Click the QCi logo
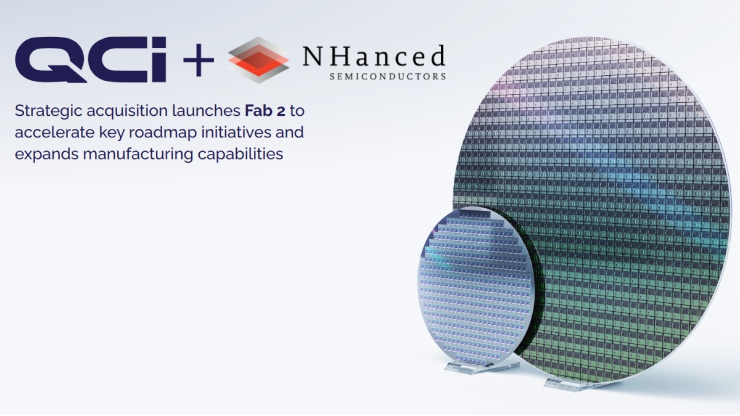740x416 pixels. point(91,59)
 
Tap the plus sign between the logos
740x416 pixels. point(199,60)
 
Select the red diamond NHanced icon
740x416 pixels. point(258,60)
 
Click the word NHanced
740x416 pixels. point(374,56)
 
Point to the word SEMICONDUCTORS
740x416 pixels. point(388,76)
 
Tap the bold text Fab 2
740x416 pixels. point(265,110)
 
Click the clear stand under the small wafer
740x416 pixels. point(480,367)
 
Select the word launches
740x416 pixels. point(207,110)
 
